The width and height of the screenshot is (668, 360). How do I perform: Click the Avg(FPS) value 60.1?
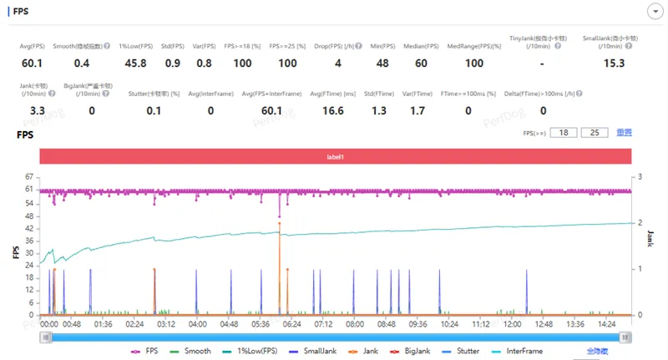point(32,63)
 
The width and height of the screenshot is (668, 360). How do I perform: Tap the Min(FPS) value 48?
point(382,63)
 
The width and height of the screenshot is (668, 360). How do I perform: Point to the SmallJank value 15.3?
point(615,63)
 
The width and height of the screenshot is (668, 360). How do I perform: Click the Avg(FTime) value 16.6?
point(332,110)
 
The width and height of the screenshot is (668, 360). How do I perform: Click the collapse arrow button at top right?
point(655,11)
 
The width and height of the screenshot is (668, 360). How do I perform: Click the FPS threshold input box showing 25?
point(595,133)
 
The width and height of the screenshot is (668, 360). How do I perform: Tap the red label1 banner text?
point(334,157)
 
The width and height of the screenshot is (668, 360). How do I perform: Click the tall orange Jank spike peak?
point(280,223)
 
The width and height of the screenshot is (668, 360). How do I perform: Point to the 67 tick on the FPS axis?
point(30,177)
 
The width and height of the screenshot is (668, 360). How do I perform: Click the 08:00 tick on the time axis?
point(355,323)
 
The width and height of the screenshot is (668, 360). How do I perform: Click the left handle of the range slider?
point(45,337)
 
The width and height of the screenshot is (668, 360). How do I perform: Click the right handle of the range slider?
point(625,337)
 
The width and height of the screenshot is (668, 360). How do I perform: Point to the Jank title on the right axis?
point(650,240)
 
